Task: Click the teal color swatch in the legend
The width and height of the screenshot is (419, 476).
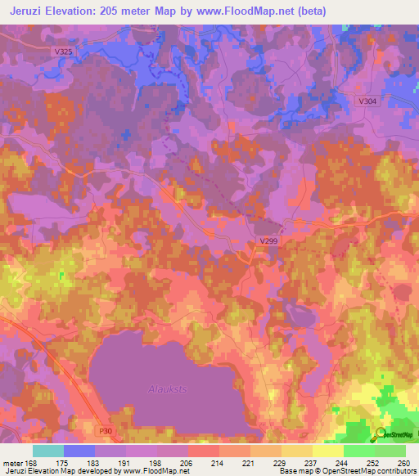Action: click(x=48, y=451)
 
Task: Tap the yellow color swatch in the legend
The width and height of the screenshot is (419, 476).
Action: click(x=327, y=451)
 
